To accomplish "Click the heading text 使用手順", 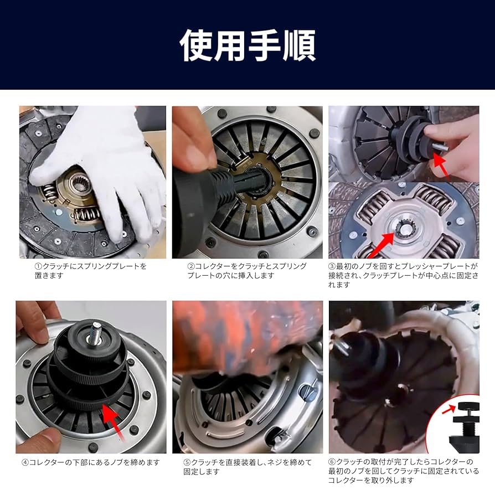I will tap(248, 45).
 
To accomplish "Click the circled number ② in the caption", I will tap(190, 266).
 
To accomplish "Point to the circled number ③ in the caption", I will tap(332, 266).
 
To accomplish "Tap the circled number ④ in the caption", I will tap(25, 462).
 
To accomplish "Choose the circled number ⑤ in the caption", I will tap(187, 462).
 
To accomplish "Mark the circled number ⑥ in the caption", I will tap(332, 462).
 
